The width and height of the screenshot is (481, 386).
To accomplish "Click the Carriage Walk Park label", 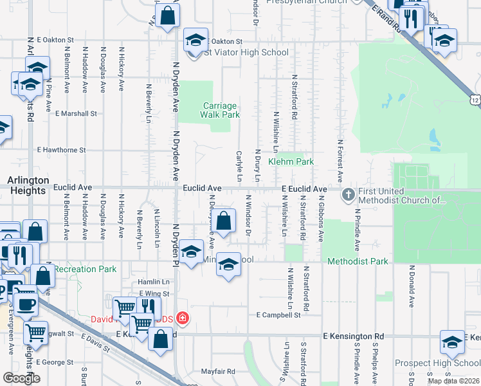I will (220, 110).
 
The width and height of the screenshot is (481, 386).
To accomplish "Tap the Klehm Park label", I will (291, 161).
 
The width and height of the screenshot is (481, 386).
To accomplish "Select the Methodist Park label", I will (358, 261).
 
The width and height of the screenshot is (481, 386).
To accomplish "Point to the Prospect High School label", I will (437, 363).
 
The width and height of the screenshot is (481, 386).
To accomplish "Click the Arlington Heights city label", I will (27, 185).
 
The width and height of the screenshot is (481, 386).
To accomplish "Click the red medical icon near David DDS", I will (183, 318).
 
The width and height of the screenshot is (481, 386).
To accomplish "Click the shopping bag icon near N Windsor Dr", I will (223, 222).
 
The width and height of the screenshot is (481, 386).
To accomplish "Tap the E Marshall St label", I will (76, 113).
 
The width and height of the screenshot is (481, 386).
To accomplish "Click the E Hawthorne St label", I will (61, 150).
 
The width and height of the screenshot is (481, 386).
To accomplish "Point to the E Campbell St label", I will (278, 315).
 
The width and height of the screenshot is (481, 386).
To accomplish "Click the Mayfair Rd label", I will (217, 371).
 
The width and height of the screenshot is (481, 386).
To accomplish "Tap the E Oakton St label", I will (60, 40).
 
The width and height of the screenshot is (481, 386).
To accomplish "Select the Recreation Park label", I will (85, 269).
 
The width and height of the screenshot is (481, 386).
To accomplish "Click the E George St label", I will (54, 362).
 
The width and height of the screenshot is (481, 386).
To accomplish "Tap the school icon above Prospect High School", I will (453, 343).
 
